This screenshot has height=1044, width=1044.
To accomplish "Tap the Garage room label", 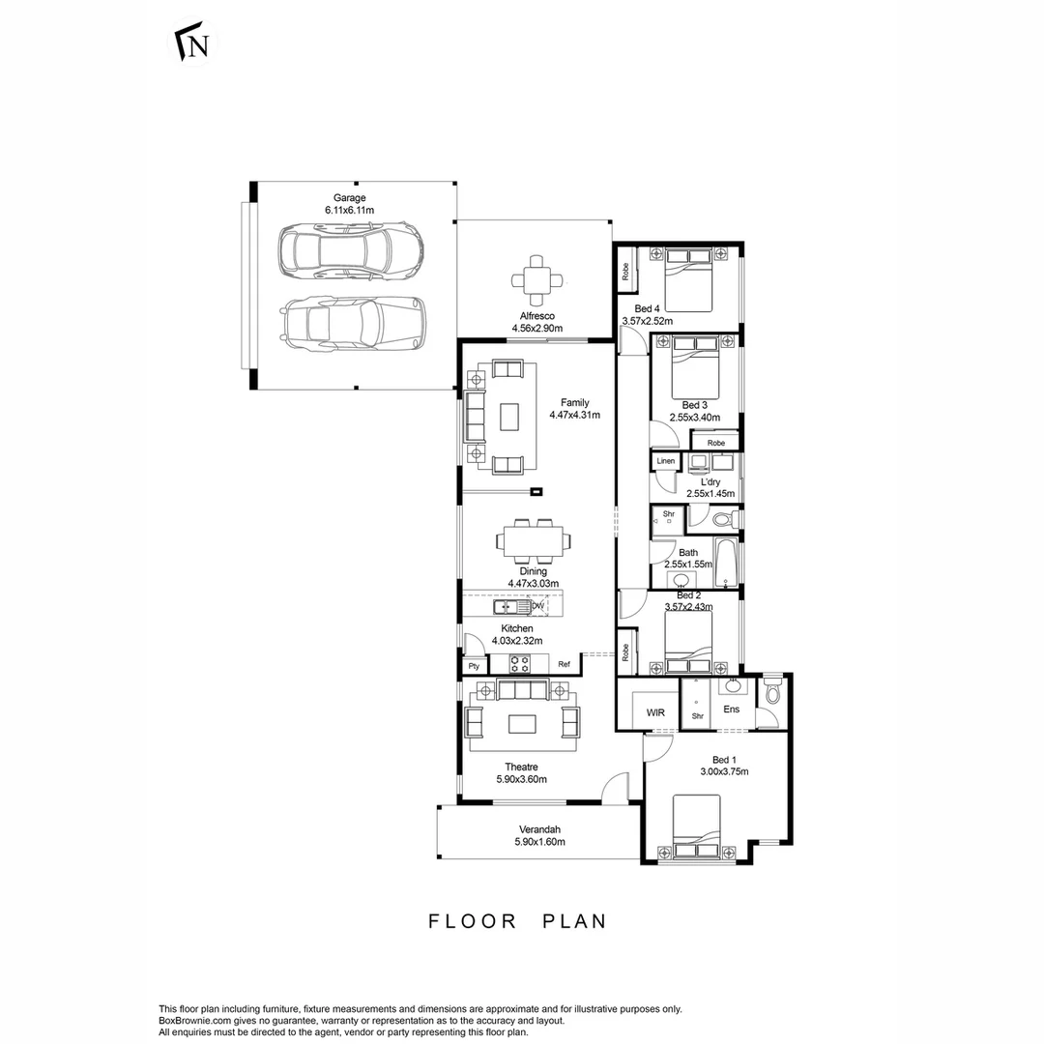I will coord(349,197).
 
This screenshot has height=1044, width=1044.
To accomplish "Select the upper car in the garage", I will coord(349,251).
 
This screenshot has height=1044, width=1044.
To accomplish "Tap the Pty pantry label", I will coord(474,666).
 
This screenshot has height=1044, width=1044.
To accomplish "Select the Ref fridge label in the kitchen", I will coord(564,665).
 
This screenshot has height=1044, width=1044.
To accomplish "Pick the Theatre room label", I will coord(520,767).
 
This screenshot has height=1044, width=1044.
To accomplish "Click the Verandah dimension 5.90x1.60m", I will coord(539,842).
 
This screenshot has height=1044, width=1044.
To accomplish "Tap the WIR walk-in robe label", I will coord(655,713).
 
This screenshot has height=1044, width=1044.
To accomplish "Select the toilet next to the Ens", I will coord(771,694).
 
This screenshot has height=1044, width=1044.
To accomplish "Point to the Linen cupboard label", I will coord(666,461).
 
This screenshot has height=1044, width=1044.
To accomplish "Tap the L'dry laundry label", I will coord(710,481).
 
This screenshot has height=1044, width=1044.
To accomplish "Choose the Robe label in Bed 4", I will coord(625,273).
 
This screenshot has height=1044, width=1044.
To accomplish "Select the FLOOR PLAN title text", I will coord(518,921).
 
